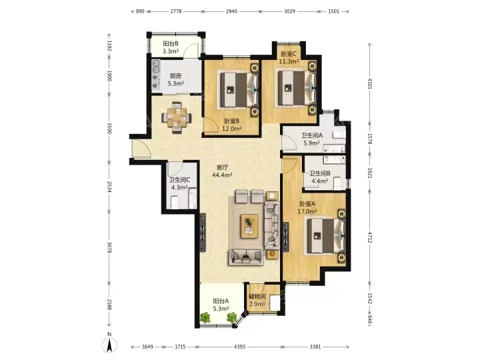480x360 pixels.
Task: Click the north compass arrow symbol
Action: [109, 345]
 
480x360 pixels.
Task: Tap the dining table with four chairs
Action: [176, 117]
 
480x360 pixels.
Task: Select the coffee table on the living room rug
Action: [249, 226]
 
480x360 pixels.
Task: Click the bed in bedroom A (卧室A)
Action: [325, 236]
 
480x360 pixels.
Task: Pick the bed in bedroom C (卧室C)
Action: [295, 88]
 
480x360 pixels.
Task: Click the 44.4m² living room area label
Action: [222, 175]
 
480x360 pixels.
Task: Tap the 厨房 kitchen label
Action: [175, 76]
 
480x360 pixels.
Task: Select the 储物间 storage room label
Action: [257, 297]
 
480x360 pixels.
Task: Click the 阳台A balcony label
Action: [221, 301]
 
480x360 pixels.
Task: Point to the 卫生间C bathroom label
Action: [179, 180]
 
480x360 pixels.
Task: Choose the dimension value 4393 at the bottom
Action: [239, 347]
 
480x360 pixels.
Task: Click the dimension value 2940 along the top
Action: [231, 11]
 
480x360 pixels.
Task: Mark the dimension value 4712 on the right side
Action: [369, 237]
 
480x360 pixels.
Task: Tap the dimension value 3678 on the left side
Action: [109, 247]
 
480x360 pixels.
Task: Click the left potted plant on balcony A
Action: [205, 317]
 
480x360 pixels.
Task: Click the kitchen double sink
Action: [156, 66]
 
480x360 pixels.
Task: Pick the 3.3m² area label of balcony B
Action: [171, 51]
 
